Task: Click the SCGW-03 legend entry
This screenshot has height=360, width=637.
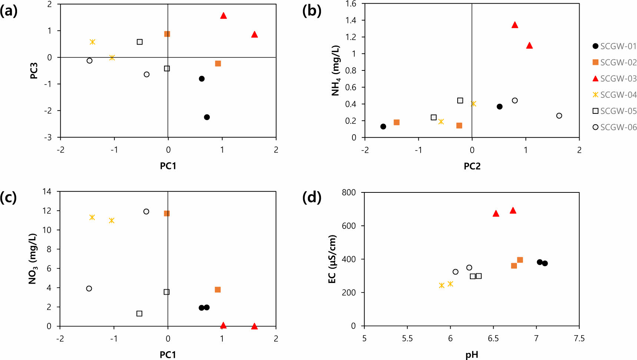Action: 614,79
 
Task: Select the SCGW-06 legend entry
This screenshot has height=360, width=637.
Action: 614,127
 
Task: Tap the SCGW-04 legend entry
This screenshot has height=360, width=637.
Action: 614,95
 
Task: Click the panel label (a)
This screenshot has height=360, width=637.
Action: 9,11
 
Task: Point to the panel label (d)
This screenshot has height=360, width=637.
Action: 312,197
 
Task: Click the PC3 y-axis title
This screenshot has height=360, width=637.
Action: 34,70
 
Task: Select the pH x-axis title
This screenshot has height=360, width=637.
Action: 472,355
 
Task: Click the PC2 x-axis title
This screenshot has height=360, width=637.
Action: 472,166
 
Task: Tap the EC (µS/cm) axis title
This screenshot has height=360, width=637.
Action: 332,259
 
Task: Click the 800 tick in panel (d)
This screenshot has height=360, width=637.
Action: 348,192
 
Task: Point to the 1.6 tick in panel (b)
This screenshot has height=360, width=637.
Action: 351,4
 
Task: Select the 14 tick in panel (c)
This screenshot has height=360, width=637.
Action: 47,192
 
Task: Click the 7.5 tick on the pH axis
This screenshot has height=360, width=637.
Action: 579,338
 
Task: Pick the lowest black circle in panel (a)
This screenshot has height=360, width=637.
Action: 207,117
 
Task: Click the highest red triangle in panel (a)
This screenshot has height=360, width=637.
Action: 223,16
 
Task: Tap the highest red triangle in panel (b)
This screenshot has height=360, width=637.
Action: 515,25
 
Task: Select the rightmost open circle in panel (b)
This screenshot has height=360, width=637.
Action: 559,116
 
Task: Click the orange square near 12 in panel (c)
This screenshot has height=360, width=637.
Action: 167,214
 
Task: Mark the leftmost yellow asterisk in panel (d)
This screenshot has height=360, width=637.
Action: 441,285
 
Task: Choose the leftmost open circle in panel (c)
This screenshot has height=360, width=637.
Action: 89,288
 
